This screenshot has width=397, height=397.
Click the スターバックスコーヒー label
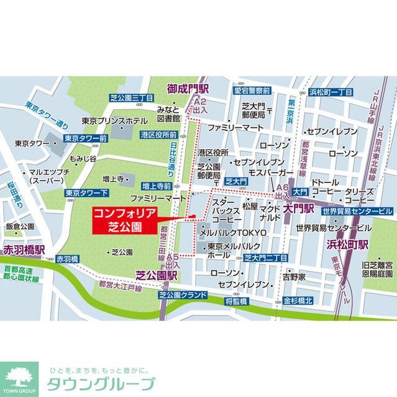coord(227,212)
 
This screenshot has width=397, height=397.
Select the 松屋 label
coord(250,206)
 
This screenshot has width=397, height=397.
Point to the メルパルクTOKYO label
coord(232,232)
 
